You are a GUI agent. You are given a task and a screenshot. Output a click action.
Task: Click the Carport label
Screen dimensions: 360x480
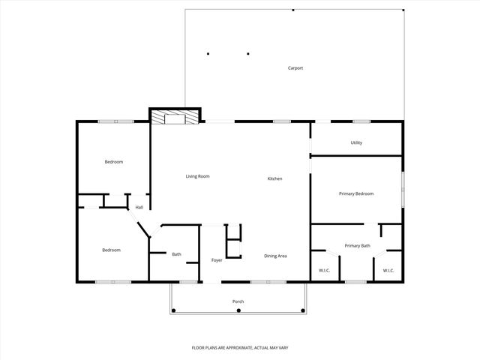pos(295,68)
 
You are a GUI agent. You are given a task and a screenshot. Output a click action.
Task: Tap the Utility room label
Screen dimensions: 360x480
pos(356,142)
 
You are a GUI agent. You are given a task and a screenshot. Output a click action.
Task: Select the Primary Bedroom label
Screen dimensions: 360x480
pos(356,193)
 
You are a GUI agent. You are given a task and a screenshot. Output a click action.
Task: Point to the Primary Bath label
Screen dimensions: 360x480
pos(357,246)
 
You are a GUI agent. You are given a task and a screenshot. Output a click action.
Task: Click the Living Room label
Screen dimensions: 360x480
pos(197,176)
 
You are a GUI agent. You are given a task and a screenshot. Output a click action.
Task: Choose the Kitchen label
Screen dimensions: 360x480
pos(275,178)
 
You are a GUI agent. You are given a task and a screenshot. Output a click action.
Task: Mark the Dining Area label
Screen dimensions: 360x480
pos(275,256)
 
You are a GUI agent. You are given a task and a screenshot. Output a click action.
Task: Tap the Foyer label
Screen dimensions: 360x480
pos(216,260)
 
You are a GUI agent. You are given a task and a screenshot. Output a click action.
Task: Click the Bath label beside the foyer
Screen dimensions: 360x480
pos(176,254)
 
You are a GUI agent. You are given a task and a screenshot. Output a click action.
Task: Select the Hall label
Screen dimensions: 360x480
pos(139,207)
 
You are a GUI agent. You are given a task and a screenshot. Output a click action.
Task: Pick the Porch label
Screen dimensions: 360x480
pos(238,301)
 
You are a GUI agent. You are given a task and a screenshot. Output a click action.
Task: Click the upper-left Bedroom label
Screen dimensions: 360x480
pos(113,162)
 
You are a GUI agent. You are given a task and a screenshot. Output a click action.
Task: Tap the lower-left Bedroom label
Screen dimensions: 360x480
pos(111,250)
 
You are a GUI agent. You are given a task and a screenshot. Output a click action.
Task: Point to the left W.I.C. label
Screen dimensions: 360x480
pos(325,270)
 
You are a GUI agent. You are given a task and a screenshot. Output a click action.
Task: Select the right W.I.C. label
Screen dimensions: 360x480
pos(388,270)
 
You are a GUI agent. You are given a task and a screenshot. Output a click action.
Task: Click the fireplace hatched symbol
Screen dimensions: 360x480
pos(175,116)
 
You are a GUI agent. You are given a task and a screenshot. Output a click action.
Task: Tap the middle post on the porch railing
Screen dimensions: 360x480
pos(238,310)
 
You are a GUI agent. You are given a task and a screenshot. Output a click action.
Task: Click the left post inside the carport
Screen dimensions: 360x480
pos(208,53)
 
